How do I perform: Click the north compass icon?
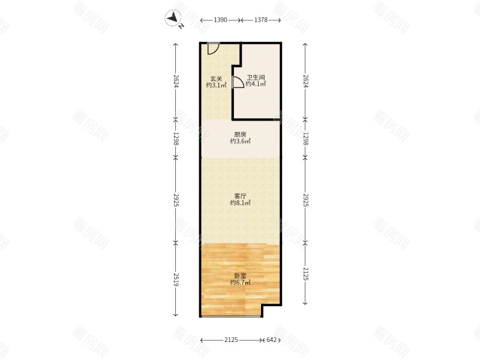173,18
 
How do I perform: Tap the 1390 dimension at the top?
220,20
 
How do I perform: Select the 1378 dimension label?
261,20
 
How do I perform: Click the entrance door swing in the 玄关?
213,49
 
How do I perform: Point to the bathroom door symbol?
238,82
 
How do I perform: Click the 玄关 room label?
216,79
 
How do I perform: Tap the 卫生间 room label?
256,77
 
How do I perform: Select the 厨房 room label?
240,134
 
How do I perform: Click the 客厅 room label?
240,196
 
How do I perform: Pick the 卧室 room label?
240,276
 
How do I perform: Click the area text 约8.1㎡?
241,203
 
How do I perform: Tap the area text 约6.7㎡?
241,283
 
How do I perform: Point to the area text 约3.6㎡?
241,141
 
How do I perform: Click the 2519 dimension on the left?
176,280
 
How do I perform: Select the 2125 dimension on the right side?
305,274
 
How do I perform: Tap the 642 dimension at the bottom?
272,340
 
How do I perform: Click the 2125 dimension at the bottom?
231,340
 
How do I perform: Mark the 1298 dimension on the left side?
176,139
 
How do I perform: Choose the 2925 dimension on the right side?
305,200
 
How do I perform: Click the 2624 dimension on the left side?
176,81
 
